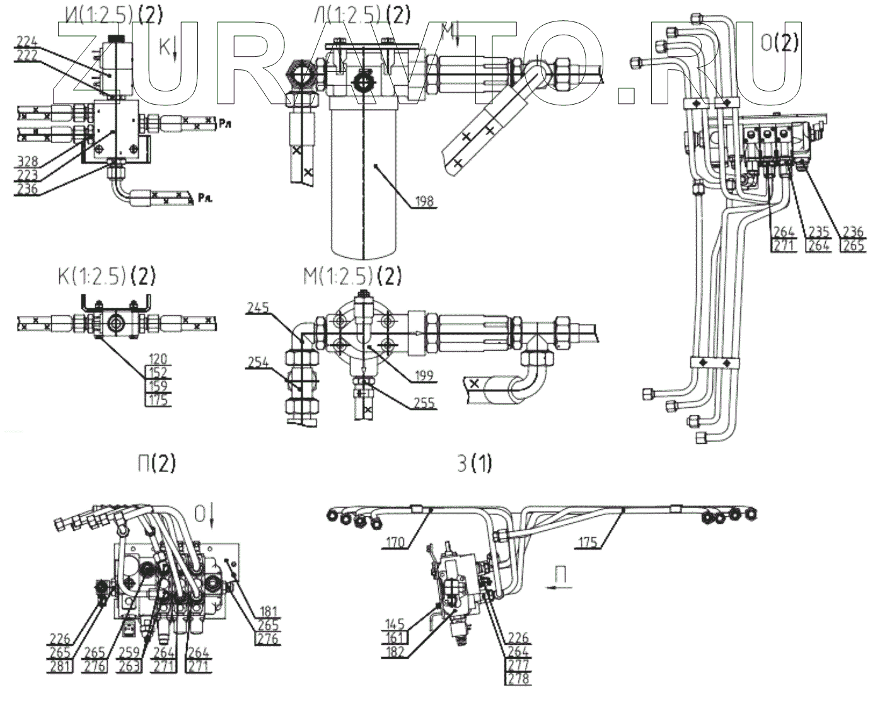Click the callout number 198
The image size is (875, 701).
pyautogui.click(x=424, y=201)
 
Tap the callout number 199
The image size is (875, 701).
pyautogui.click(x=424, y=376)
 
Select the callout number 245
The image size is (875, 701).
pyautogui.click(x=258, y=308)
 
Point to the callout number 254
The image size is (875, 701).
pyautogui.click(x=258, y=362)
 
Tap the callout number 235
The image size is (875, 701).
pyautogui.click(x=818, y=233)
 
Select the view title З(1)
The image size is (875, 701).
pyautogui.click(x=473, y=465)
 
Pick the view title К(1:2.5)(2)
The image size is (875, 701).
pyautogui.click(x=105, y=276)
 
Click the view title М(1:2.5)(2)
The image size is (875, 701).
pyautogui.click(x=352, y=276)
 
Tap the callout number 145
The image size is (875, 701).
pyautogui.click(x=395, y=624)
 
